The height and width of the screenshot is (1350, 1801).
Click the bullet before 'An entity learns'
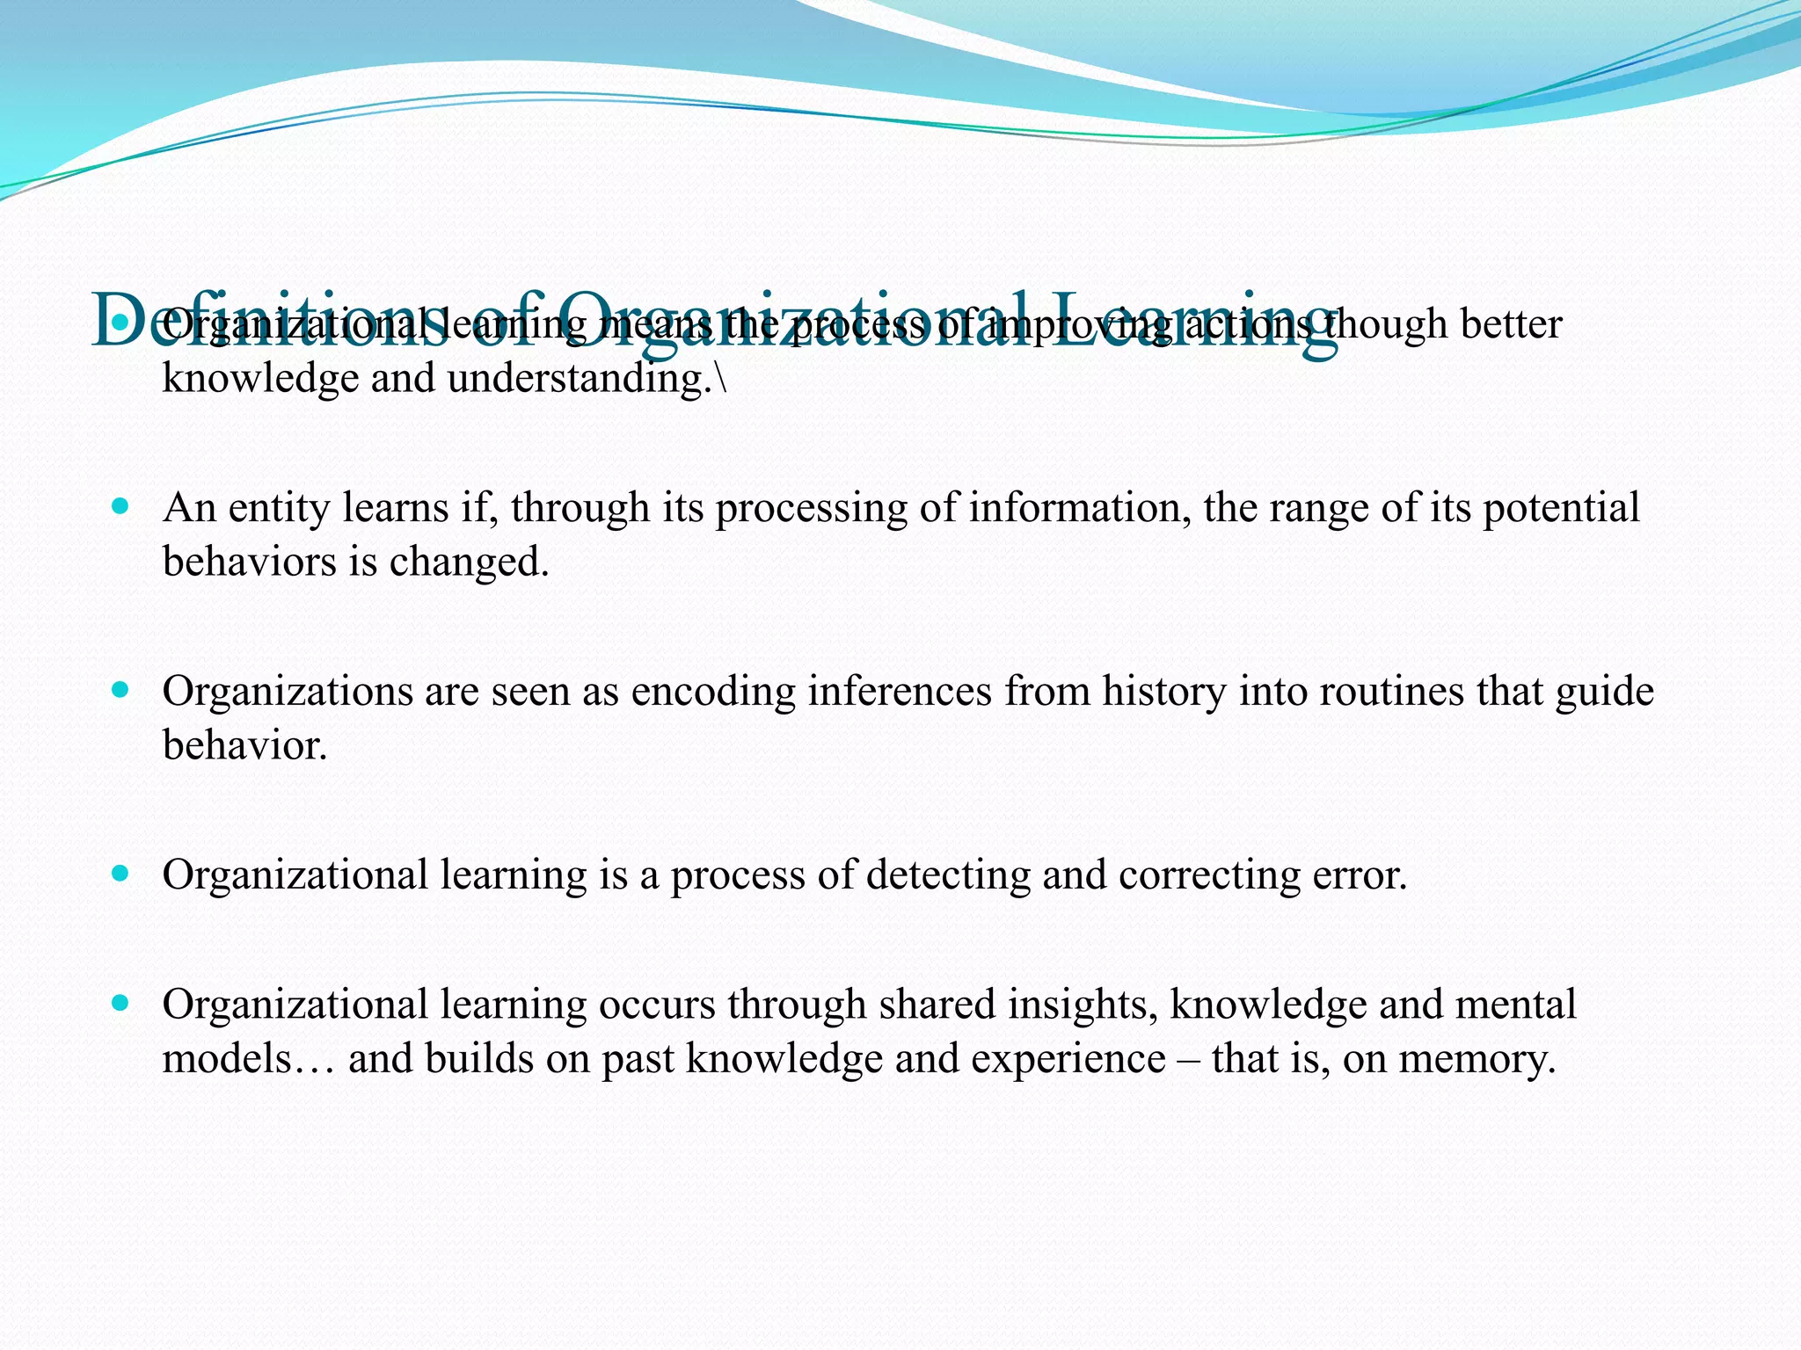tap(121, 506)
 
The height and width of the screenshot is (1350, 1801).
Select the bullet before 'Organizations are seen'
tap(121, 690)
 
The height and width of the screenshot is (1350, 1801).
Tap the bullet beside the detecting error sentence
tap(121, 874)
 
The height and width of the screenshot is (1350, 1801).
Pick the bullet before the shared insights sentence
tap(121, 1003)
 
